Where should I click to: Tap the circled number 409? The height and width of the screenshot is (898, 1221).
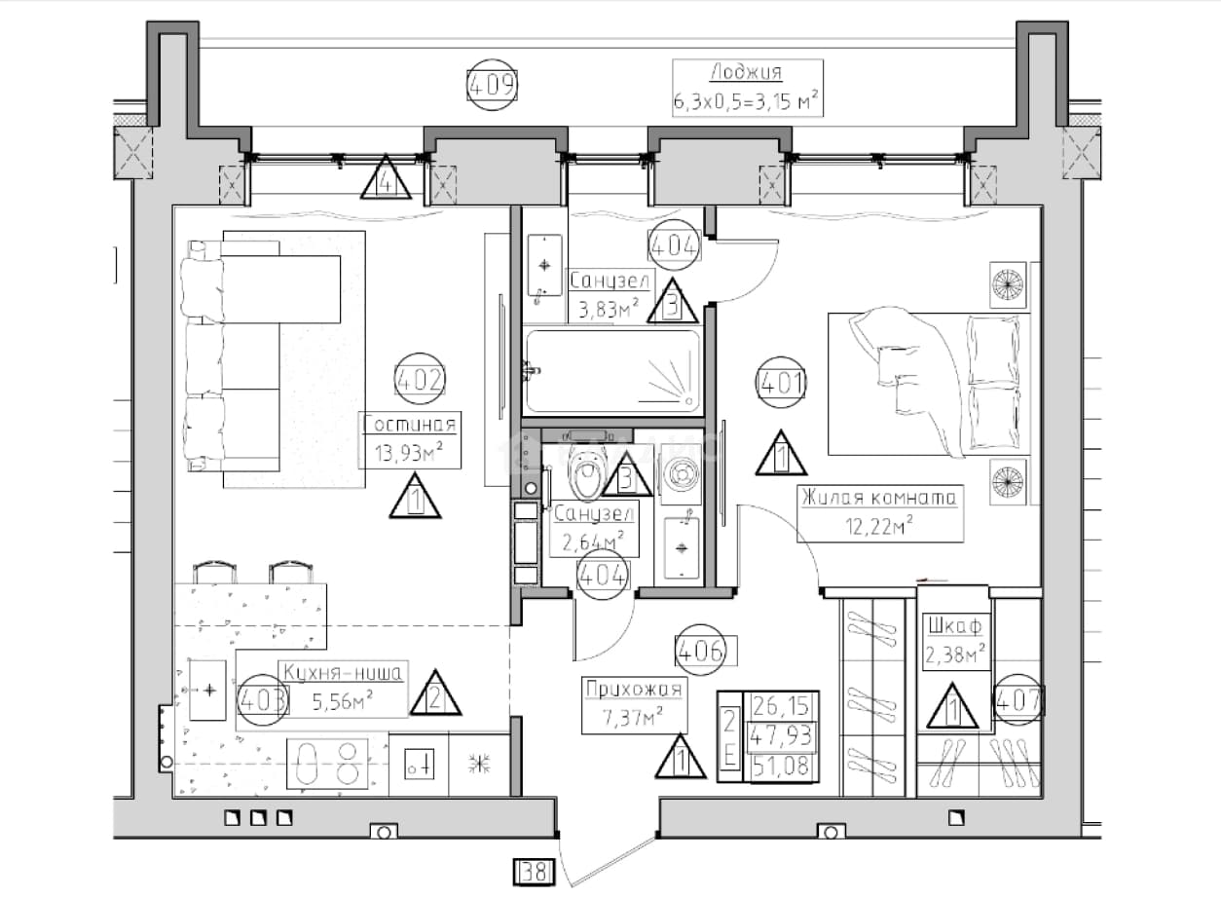493,85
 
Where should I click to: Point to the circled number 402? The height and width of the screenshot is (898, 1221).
420,379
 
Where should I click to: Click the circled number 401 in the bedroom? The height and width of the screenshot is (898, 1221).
781,383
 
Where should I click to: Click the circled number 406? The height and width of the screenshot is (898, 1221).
701,650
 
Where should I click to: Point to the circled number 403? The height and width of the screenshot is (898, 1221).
262,699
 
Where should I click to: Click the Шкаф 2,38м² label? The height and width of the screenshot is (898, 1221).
954,641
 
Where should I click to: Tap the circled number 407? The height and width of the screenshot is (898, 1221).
1018,699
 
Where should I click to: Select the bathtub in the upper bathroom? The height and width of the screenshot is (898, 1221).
612,370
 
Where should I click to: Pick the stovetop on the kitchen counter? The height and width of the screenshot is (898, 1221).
327,763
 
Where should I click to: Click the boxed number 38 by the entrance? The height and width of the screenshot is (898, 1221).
534,872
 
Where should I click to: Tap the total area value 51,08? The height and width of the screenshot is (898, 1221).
781,767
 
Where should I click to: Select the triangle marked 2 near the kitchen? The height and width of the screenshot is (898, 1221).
435,693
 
